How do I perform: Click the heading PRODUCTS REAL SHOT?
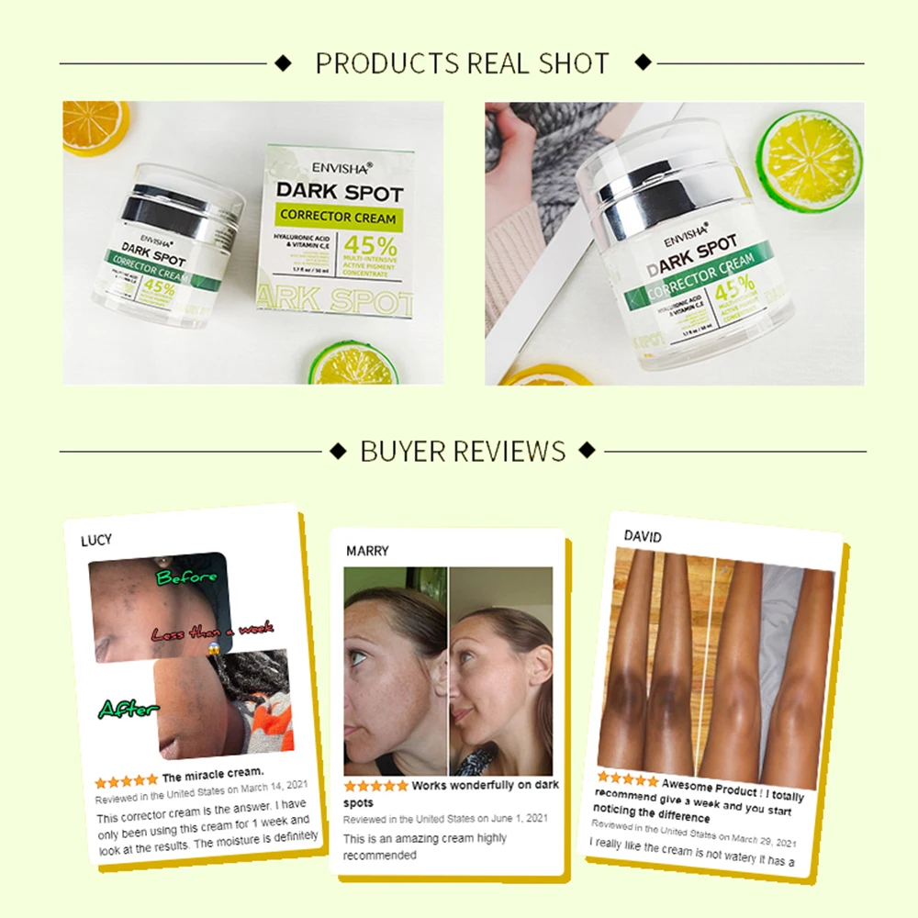462,63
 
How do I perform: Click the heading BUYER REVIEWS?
463,451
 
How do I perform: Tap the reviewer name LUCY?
96,540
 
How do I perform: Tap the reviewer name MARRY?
367,551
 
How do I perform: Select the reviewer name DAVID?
643,536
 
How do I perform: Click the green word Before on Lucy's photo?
186,577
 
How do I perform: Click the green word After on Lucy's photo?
129,709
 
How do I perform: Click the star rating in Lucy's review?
127,780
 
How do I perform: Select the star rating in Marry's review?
375,787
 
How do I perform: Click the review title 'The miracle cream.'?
213,774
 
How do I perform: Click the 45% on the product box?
370,247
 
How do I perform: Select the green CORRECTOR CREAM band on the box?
339,218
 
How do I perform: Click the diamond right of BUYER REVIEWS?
588,451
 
